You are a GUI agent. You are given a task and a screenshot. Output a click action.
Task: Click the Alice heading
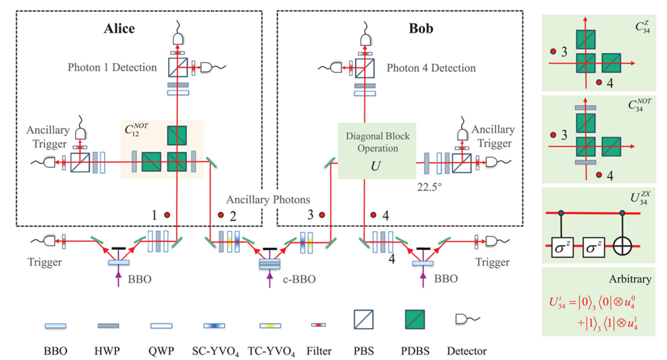119,29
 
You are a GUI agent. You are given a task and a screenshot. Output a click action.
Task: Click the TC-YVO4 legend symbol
273,326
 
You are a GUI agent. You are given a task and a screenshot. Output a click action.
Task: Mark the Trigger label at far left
45,262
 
